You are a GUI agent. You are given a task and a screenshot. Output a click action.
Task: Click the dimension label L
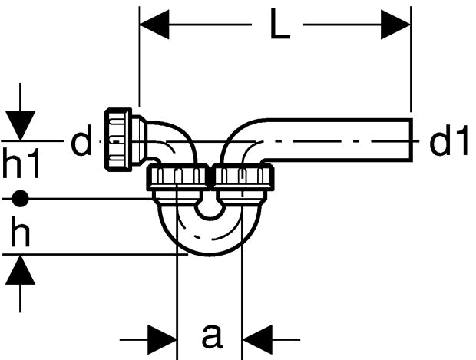point(280,24)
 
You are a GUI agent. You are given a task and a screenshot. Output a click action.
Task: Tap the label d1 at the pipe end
point(448,140)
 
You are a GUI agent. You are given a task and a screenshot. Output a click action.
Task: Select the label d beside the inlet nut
point(81,140)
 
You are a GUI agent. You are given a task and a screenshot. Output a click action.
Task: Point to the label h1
point(21,163)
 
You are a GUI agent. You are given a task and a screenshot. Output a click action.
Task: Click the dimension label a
point(212,335)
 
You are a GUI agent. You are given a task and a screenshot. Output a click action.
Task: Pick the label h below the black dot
point(20,231)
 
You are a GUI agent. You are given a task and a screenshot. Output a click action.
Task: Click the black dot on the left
point(20,199)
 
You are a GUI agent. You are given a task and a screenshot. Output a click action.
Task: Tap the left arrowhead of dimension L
point(154,25)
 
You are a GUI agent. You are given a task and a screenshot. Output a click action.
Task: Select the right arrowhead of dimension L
point(396,25)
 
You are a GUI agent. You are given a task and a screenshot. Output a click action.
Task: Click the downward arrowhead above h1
point(20,126)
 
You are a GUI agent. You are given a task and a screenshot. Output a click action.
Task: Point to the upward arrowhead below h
point(20,269)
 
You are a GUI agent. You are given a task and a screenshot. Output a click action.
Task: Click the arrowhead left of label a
point(162,339)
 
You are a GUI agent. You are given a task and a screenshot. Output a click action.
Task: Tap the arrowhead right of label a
point(257,339)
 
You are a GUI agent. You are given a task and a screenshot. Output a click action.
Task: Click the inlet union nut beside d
point(117,139)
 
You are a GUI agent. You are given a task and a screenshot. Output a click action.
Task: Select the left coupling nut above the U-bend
point(177,177)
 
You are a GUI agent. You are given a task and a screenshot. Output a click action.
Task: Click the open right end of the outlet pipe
point(412,140)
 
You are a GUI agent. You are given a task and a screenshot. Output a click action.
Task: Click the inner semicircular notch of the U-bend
point(210,210)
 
